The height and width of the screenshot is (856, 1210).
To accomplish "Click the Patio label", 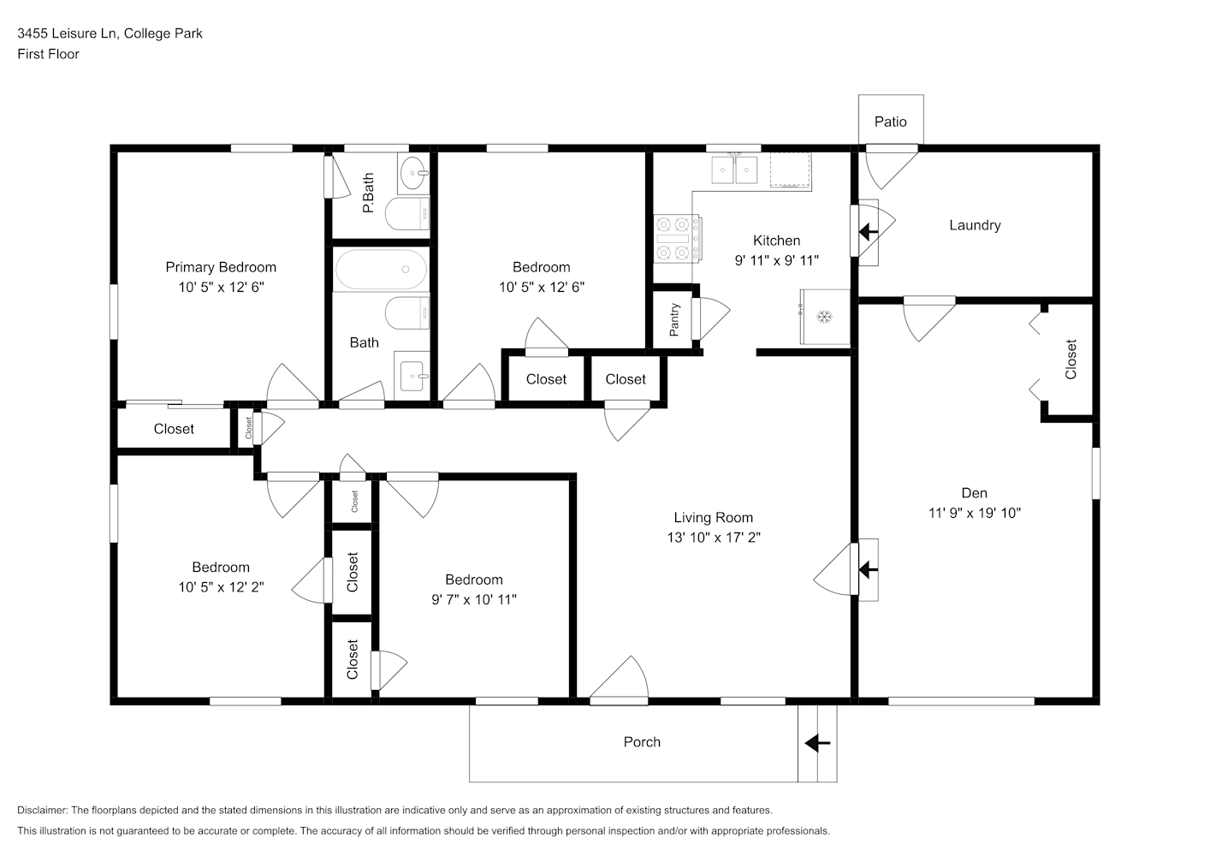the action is [x=890, y=122].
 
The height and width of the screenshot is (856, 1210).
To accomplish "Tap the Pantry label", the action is [x=673, y=320].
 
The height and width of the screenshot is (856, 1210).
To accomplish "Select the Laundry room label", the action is [x=975, y=225].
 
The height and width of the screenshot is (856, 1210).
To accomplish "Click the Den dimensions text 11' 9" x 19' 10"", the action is [x=975, y=513].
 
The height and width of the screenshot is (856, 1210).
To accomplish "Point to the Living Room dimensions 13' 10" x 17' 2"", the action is [x=714, y=538].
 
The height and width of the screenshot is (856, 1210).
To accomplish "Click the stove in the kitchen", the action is [x=678, y=238].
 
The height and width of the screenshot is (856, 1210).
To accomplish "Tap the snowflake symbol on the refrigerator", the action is [x=824, y=317].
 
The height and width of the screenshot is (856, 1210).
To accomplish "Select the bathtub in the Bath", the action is [x=381, y=269].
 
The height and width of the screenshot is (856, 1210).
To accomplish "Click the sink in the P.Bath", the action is [x=414, y=173].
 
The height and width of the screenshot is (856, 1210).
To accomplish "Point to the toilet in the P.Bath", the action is [x=407, y=214].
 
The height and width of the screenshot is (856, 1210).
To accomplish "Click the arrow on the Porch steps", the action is [x=817, y=743].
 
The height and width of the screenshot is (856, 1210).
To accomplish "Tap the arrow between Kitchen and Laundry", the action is [x=869, y=232].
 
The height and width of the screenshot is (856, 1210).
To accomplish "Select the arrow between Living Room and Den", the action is [x=869, y=569].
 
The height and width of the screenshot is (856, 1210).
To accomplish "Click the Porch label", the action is [x=642, y=742].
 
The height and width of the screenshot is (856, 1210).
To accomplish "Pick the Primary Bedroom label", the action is [x=221, y=267].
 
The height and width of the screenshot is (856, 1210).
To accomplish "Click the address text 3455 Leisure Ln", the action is [x=67, y=33].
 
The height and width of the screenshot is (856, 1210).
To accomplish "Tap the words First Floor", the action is [x=48, y=54].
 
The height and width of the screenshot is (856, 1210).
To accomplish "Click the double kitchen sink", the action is [x=734, y=169].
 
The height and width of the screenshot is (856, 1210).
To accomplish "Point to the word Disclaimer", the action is [x=43, y=810].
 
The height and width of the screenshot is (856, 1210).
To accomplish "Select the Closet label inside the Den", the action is [x=1071, y=360].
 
